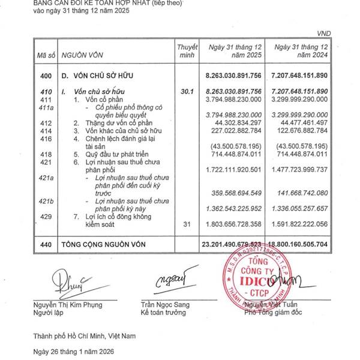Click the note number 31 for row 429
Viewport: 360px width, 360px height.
(186, 224)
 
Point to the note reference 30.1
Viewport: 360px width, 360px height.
(186, 91)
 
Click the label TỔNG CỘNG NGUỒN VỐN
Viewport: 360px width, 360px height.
(101, 244)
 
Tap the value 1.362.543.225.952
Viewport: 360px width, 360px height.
(232, 208)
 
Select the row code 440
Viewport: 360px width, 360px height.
(46, 244)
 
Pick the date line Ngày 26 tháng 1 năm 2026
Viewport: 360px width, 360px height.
(73, 350)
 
